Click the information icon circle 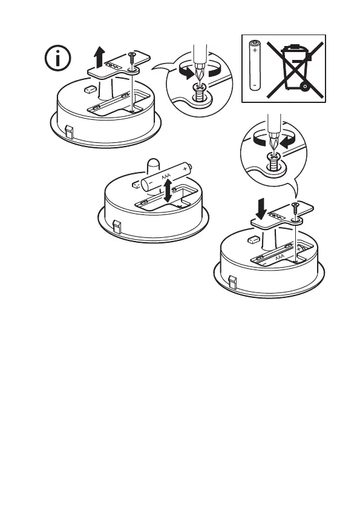coord(57,58)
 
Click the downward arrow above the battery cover coord(261,208)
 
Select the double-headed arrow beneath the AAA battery coord(168,191)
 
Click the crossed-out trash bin coord(295,69)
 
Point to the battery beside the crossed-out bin coord(255,65)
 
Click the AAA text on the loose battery coord(166,177)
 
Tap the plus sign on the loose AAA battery coord(185,169)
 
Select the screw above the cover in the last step coord(295,210)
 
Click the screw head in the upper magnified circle coord(200,87)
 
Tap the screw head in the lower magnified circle coord(274,157)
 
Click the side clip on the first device coord(70,132)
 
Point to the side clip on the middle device coord(117,227)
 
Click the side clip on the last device coord(232,282)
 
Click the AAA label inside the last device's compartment coord(280,257)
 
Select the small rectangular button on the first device coord(90,89)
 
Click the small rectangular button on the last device coord(254,240)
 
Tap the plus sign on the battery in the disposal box coord(255,50)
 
